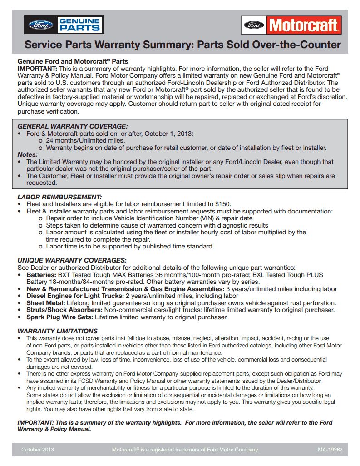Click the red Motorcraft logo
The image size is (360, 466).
291,25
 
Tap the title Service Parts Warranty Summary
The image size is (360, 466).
182,45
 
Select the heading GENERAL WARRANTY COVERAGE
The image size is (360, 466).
73,126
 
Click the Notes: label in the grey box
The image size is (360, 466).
27,154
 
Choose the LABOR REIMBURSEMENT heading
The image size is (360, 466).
59,197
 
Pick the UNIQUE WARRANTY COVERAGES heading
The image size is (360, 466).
72,260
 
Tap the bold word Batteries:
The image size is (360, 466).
42,275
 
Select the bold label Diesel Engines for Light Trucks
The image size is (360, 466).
74,296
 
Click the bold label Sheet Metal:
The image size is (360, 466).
46,303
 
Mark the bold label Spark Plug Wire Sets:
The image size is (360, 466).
59,317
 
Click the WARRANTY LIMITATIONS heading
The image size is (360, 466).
57,331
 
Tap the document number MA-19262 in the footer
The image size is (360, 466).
330,450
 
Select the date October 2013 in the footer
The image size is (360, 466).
37,450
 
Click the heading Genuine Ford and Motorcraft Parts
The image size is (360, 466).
73,61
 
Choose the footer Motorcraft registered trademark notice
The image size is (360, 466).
185,450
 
